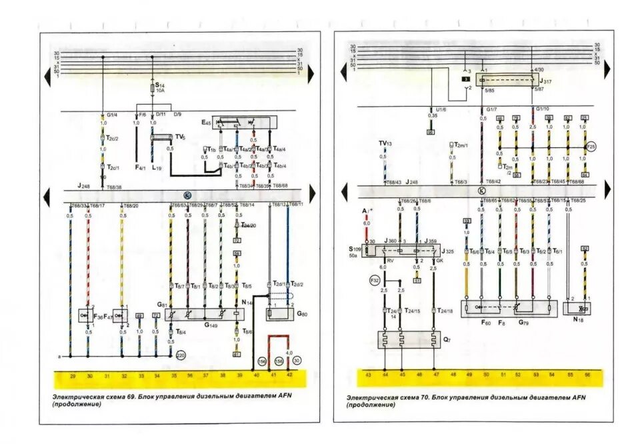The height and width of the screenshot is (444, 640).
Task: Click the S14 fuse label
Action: coord(159,87)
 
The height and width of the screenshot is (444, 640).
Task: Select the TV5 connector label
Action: coord(180,137)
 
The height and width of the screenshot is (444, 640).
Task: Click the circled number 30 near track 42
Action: coord(297,361)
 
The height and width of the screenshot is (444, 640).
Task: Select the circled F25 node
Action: coord(590,147)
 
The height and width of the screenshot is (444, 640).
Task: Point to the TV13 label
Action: coord(385,143)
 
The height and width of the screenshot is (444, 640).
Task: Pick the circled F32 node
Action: coord(375,281)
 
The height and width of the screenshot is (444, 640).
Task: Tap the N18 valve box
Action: coord(578,309)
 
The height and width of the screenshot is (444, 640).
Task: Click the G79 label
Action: coord(523,323)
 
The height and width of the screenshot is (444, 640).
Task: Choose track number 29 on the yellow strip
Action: coord(72,377)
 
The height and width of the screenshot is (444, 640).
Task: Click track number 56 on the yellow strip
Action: coord(587,376)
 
